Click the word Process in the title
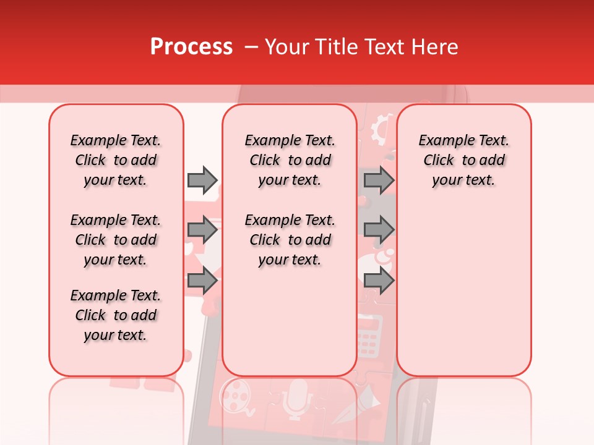point(191,47)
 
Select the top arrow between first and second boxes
point(202,180)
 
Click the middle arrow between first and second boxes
point(202,231)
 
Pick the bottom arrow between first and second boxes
point(202,281)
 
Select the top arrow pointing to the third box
point(379,180)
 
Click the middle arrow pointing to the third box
point(379,231)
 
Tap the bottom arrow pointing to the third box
point(379,281)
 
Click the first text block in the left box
point(116,160)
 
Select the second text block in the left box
point(116,240)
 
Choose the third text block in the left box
point(116,315)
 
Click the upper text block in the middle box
point(290,160)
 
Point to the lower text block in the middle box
point(290,240)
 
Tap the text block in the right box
point(464,160)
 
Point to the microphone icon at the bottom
point(297,396)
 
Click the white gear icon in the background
point(381,129)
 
